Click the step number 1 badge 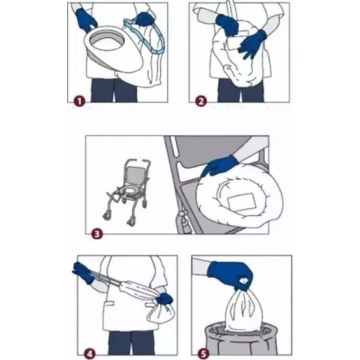point(79,101)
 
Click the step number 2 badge point(200,101)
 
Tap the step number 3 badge point(97,233)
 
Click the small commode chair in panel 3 point(127,193)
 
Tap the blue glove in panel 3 point(220,165)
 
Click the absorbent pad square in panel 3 point(242,203)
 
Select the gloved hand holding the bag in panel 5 point(230,275)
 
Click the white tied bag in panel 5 point(240,309)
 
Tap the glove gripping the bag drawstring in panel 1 point(145,19)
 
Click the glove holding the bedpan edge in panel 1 point(86,19)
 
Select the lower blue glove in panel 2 point(252,44)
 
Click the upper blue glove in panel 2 point(227,24)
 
